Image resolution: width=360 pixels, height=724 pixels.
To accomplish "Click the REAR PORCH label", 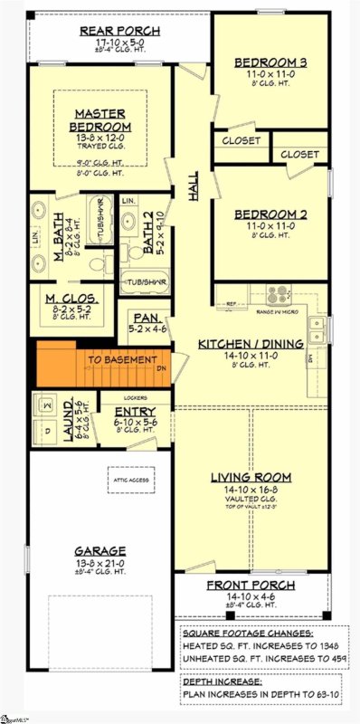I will (120, 30).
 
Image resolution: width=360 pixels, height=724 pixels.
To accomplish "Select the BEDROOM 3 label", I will (270, 62).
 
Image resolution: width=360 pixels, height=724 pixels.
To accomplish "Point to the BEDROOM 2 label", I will (271, 214).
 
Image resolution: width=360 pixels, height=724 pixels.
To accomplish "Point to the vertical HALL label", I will (194, 185).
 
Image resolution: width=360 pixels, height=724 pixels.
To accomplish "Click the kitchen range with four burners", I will (278, 294).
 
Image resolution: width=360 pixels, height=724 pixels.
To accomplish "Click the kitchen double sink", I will (316, 329).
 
